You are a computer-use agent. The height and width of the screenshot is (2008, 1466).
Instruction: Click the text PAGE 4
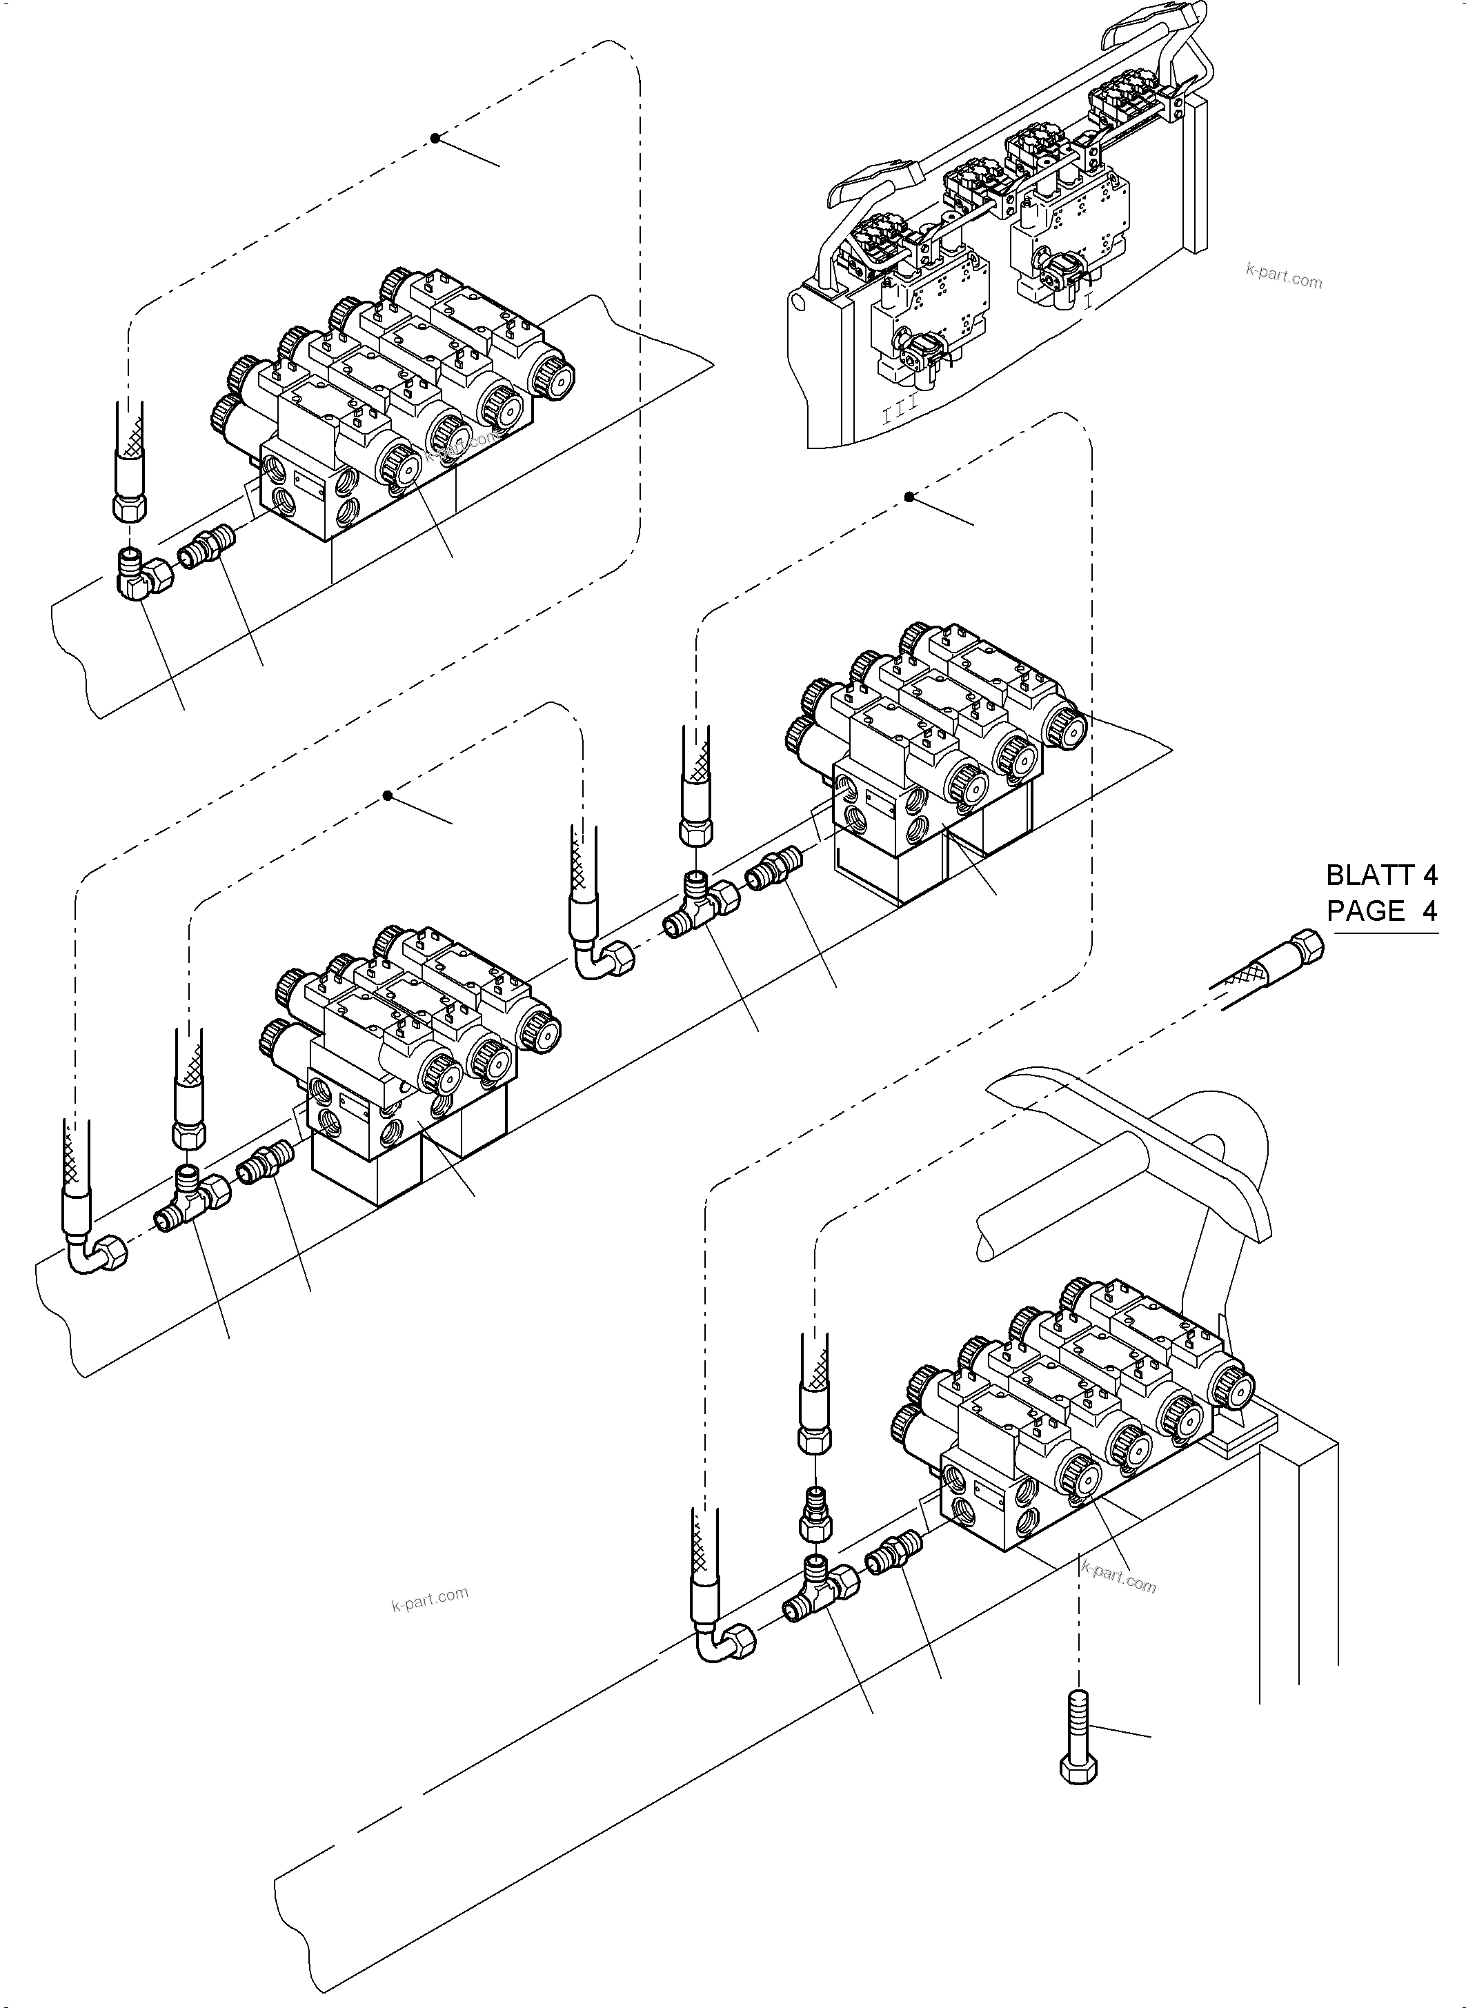coord(1381,911)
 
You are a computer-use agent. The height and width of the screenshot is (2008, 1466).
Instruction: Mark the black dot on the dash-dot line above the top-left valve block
coord(435,139)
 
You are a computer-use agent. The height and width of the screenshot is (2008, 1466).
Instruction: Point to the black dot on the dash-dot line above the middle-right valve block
coord(909,497)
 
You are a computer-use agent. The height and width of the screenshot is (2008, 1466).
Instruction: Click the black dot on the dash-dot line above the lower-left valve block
coord(388,796)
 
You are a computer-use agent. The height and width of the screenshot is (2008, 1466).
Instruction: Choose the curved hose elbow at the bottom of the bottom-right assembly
coord(725,1642)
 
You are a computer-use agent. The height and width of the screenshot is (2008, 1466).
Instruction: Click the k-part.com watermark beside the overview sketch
coord(1283,279)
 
